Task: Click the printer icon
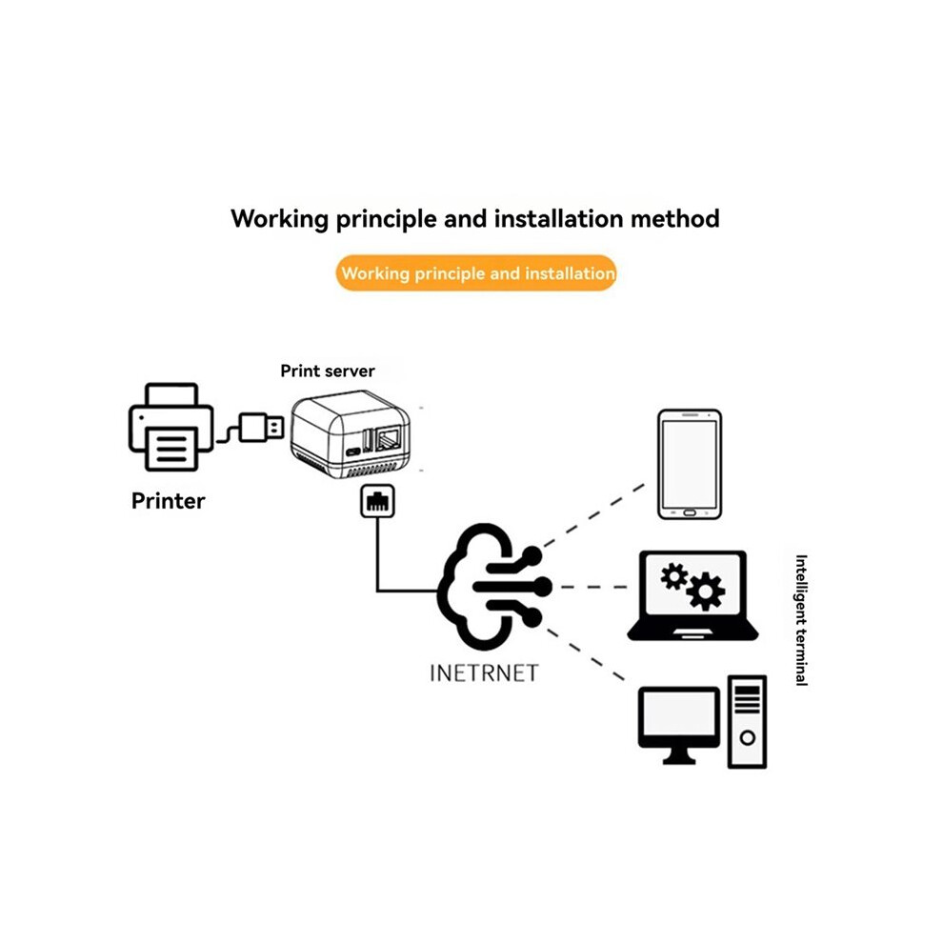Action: pos(171,427)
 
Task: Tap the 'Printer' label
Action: pos(169,501)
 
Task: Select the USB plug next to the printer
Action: pos(261,428)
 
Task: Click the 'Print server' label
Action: pos(328,371)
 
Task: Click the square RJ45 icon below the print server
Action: pos(378,501)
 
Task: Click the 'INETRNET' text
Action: pos(484,673)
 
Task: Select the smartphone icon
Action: pos(690,464)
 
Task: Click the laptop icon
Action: pos(692,595)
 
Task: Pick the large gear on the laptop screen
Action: pos(706,592)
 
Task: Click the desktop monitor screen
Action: pos(679,713)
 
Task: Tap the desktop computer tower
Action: pos(747,722)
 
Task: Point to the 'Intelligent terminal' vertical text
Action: pos(801,620)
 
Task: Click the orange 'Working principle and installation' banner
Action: pos(476,273)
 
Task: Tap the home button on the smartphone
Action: pos(690,513)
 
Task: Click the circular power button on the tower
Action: pos(748,737)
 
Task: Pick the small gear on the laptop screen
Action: pos(673,576)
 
